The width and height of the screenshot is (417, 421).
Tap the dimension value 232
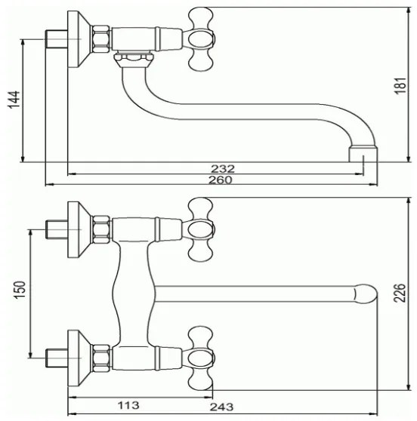[x=224, y=168]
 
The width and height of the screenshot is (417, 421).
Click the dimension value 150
[x=20, y=290]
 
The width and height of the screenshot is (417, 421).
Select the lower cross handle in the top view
[x=200, y=355]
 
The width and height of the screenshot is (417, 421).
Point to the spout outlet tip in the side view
[x=363, y=155]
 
